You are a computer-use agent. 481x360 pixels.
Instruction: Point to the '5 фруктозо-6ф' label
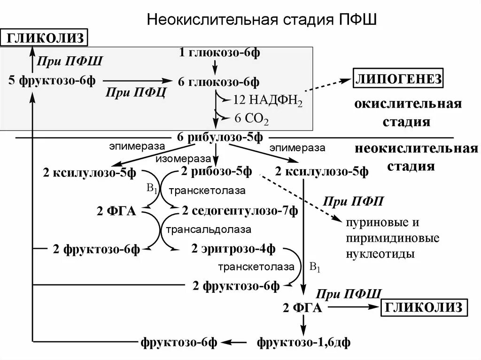point(52,80)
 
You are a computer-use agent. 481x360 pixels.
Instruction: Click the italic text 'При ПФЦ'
point(135,92)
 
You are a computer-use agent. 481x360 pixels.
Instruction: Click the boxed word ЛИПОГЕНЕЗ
point(398,79)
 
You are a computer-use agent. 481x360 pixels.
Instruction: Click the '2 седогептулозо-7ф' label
point(240,211)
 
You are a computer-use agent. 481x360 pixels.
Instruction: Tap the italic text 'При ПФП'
point(353,201)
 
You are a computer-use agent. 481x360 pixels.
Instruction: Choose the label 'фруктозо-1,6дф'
point(303,342)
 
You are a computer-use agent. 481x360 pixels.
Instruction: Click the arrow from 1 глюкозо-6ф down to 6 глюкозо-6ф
point(216,67)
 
